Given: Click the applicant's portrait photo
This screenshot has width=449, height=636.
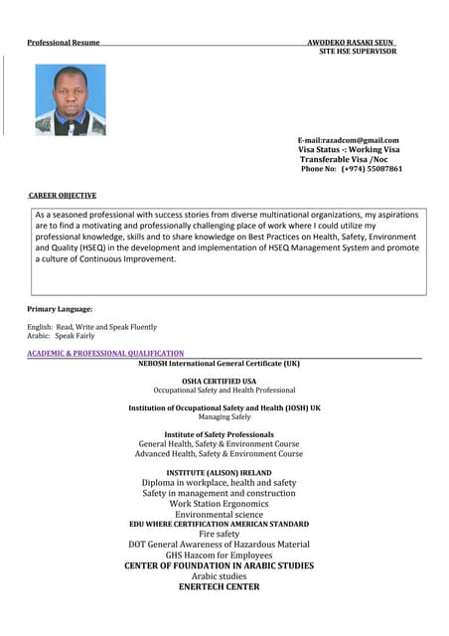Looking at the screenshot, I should pyautogui.click(x=70, y=100).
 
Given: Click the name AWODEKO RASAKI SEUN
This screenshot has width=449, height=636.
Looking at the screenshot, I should pyautogui.click(x=351, y=42).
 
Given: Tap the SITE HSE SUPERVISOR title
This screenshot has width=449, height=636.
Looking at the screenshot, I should pyautogui.click(x=357, y=51).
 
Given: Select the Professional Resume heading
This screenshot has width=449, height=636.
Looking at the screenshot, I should pyautogui.click(x=63, y=42).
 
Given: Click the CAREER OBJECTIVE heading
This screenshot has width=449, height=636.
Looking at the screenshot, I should pyautogui.click(x=63, y=196).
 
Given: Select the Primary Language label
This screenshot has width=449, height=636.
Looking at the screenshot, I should pyautogui.click(x=60, y=309).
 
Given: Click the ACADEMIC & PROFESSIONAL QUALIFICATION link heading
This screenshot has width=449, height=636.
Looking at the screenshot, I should pyautogui.click(x=105, y=353).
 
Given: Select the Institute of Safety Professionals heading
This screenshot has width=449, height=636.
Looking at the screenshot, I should pyautogui.click(x=219, y=434).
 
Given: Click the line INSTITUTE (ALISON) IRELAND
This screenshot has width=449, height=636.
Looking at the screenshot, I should pyautogui.click(x=219, y=472).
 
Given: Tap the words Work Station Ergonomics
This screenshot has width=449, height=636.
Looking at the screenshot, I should pyautogui.click(x=219, y=504).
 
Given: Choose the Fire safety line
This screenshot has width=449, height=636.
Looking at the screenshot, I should pyautogui.click(x=219, y=534).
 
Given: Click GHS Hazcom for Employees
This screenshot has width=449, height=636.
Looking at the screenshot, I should pyautogui.click(x=219, y=555).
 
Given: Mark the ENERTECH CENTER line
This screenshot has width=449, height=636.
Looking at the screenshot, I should pyautogui.click(x=219, y=586).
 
